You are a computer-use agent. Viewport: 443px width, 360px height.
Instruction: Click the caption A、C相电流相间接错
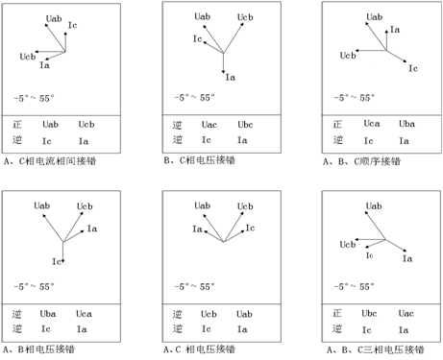(x=50, y=161)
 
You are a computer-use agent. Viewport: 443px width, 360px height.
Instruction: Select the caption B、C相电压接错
(x=199, y=160)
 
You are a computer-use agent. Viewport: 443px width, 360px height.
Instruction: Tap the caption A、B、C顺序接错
(x=361, y=161)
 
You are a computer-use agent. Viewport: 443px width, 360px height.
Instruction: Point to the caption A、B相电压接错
(x=38, y=349)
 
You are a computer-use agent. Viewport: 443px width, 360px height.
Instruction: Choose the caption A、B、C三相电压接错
(x=376, y=349)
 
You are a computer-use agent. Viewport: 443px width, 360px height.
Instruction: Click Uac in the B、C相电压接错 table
(x=209, y=125)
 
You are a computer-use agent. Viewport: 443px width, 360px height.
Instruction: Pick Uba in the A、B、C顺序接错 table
(x=406, y=124)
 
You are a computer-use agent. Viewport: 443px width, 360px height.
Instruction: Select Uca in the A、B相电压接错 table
(x=84, y=314)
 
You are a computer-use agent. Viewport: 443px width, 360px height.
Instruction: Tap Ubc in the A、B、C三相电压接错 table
(x=369, y=313)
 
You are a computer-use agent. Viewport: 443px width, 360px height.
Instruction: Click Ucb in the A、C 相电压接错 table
(x=209, y=314)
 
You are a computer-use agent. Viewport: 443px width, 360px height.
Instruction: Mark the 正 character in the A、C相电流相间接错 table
(x=17, y=124)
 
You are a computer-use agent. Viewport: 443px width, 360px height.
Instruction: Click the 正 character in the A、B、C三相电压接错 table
(x=337, y=313)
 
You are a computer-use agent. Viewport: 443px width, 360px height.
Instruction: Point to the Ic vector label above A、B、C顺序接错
(x=413, y=68)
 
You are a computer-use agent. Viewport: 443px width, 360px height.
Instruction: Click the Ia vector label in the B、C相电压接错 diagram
(x=231, y=77)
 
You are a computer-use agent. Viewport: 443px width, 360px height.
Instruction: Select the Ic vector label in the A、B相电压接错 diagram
(x=57, y=261)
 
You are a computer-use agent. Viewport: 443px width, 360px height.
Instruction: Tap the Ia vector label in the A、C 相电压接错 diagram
(x=197, y=228)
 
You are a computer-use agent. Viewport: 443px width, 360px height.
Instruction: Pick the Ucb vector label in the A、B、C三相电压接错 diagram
(x=348, y=245)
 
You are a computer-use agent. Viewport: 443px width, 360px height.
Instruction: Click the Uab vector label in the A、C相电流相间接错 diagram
(x=54, y=18)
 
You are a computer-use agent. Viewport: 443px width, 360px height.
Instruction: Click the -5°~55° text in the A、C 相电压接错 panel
(x=194, y=286)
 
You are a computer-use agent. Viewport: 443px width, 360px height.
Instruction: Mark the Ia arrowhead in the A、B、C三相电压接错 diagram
(x=405, y=251)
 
